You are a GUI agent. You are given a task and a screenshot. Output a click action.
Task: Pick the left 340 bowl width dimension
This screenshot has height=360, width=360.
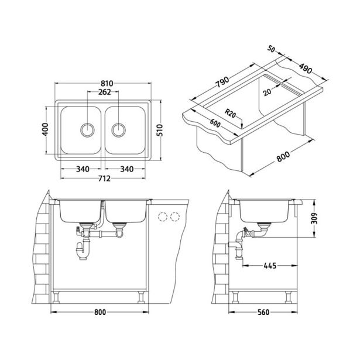tap(82, 169)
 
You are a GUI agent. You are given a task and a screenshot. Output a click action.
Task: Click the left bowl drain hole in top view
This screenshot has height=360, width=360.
tap(87, 128)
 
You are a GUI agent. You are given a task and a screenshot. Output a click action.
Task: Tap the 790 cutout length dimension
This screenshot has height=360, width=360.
tap(223, 81)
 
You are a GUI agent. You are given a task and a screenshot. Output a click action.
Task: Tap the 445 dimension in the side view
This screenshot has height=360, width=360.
tap(269, 266)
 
